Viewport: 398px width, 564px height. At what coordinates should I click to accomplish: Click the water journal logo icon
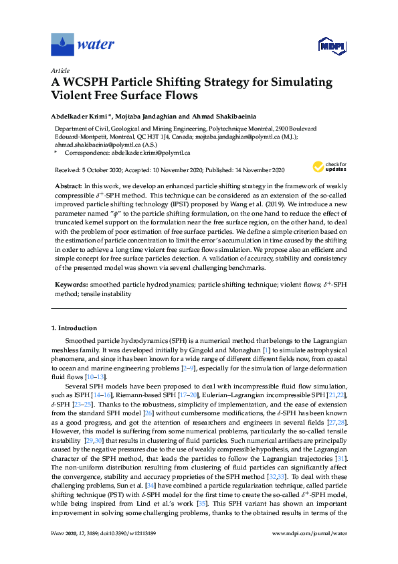[x=62, y=44]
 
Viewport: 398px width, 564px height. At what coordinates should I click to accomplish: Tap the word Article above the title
[x=60, y=70]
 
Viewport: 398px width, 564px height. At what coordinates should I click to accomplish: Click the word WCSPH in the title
[x=90, y=83]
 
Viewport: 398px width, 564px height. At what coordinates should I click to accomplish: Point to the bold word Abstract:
[x=68, y=184]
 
